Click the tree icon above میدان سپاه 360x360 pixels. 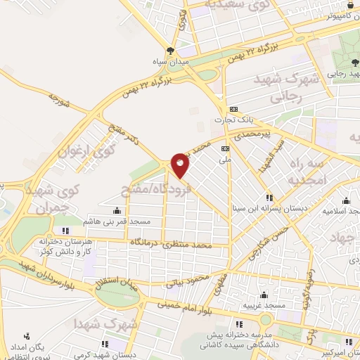tap(170, 50)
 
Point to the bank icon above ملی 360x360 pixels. tap(225, 149)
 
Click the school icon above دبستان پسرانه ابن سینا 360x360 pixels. tap(268, 198)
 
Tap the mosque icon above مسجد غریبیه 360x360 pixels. tap(264, 295)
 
